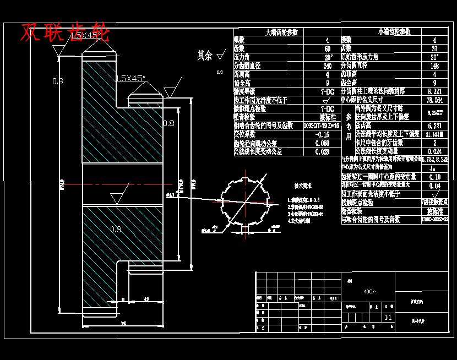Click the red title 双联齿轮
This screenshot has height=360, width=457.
[x=65, y=32]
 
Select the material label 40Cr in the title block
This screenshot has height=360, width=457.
[x=369, y=292]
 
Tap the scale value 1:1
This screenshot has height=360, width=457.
[x=388, y=318]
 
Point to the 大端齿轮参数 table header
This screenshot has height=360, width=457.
[x=286, y=32]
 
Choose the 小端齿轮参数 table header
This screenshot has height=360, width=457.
[x=394, y=32]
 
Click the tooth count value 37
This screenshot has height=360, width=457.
[x=434, y=48]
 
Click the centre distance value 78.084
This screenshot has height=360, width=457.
[x=434, y=100]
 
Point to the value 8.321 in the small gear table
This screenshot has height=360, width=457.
[x=434, y=91]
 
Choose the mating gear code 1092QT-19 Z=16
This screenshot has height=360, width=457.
[x=322, y=126]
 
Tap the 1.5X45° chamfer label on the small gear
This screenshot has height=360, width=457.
[x=130, y=78]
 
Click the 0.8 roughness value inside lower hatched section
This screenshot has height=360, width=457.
[x=116, y=229]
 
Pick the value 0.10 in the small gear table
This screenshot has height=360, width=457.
[x=434, y=177]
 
